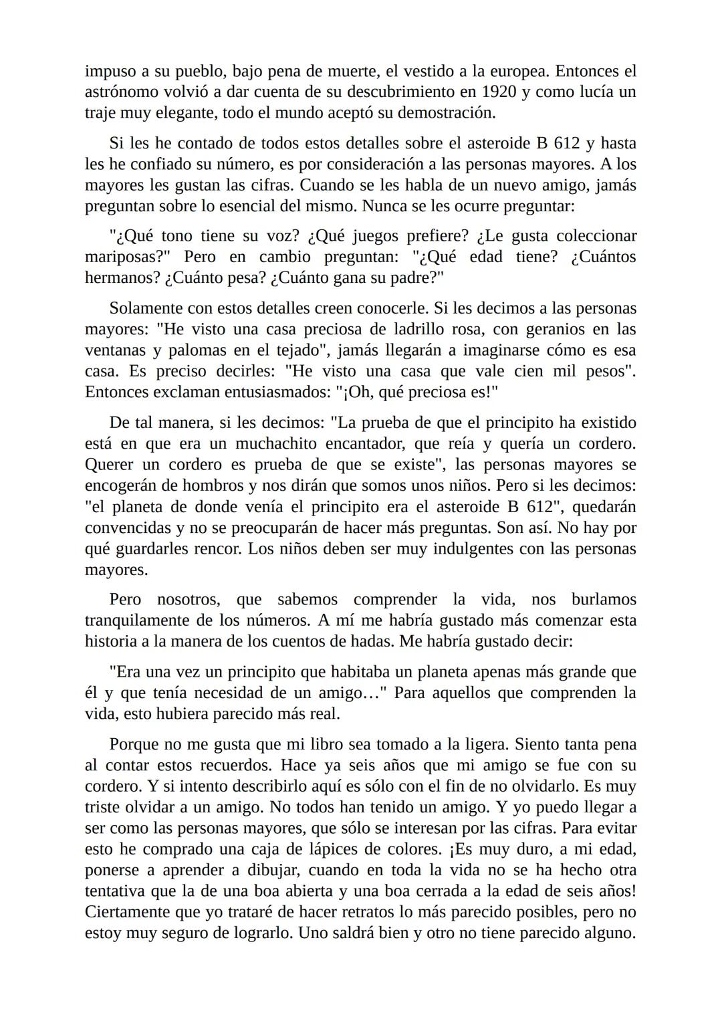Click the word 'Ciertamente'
click(x=128, y=912)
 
